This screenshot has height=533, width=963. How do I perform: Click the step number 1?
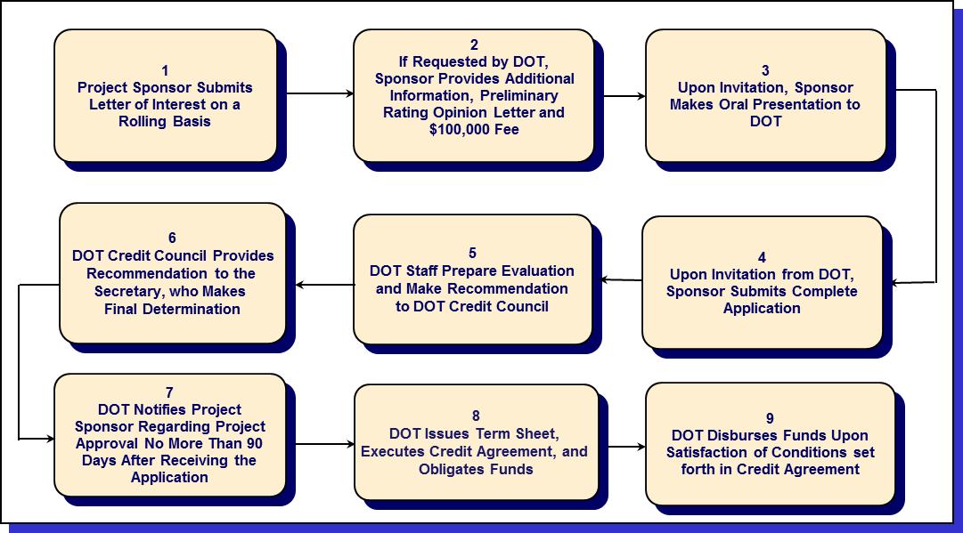coord(165,70)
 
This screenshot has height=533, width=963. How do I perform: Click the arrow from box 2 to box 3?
coord(620,95)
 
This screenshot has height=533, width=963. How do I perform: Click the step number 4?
coord(762,257)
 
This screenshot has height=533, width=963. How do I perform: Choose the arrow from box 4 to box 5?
coord(622,280)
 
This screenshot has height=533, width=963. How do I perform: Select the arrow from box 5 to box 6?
coord(324,285)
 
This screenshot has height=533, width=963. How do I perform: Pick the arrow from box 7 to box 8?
coord(324,444)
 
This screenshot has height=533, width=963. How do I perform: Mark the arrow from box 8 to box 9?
coord(622,448)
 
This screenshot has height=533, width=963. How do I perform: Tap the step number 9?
coord(770,418)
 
